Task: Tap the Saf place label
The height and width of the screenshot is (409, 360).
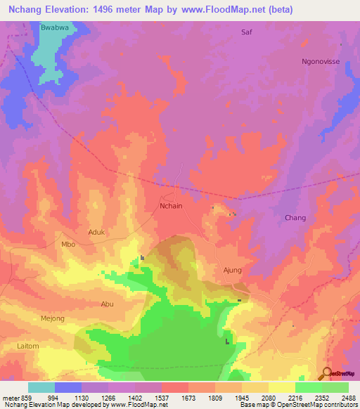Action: (246, 32)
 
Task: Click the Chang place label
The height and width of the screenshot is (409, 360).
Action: (295, 218)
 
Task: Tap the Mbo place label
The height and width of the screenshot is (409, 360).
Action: (68, 245)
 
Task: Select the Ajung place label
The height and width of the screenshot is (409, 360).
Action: (232, 270)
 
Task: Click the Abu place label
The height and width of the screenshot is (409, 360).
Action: (107, 304)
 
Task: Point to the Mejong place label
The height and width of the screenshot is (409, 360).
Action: (52, 318)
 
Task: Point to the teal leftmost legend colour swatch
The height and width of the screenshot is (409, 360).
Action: (41, 387)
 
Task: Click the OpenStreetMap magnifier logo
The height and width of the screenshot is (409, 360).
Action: (326, 373)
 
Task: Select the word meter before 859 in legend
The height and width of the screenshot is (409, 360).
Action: (10, 398)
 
